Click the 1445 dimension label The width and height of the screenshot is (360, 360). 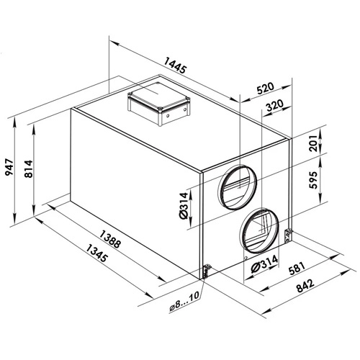175,66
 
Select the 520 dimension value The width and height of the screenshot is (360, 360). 265,88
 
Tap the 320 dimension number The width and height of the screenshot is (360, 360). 275,105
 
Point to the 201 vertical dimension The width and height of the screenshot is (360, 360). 313,143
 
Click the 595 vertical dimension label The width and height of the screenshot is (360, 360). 313,180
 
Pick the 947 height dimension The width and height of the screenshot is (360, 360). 10,167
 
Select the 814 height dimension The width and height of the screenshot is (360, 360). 29,168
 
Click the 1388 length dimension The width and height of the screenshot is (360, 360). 109,239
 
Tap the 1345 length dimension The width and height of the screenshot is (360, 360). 96,253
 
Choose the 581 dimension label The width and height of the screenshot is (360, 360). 297,268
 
